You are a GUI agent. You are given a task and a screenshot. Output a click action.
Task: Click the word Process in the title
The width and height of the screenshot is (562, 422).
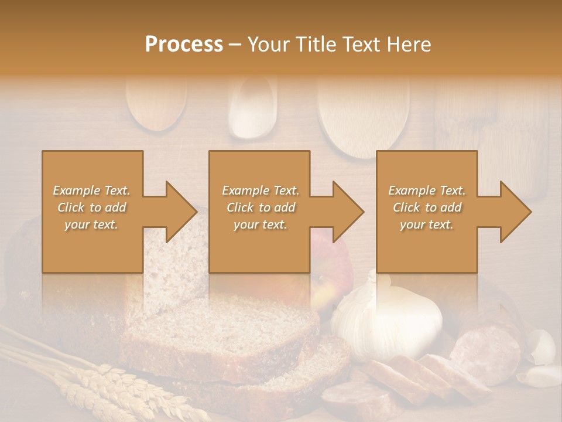(x=184, y=45)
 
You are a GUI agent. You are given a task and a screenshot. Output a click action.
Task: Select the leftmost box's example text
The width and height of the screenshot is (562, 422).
(x=91, y=207)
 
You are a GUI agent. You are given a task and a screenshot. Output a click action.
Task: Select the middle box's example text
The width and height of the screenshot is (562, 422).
(x=261, y=207)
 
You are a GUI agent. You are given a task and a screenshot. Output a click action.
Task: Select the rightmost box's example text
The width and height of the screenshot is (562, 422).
(x=427, y=207)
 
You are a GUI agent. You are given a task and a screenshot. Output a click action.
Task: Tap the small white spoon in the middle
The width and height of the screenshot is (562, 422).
(x=252, y=108)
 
